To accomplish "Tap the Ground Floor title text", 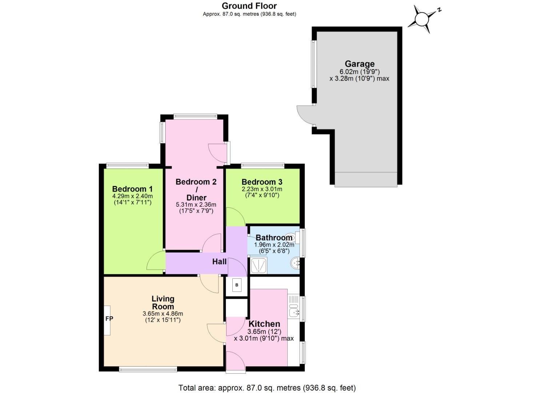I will coord(249,6).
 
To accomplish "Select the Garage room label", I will coord(359,64).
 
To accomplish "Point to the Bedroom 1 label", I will coord(132,189).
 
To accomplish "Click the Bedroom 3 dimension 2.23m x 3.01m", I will coord(262,189).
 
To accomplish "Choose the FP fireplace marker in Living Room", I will coord(109,319).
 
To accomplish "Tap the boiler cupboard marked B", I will coord(237,285).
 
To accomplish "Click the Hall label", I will coord(219,261).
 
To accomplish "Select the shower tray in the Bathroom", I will coord(259,265).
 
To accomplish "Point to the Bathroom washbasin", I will coord(295,262).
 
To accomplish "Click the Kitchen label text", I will coord(264,324).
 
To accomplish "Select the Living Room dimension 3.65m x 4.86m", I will coord(163,314).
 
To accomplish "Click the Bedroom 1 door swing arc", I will coord(155,261).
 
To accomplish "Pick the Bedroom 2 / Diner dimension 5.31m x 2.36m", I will coord(196,205).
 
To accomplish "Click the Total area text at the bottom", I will coord(267,388).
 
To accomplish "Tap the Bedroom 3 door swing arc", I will coord(235,217).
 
